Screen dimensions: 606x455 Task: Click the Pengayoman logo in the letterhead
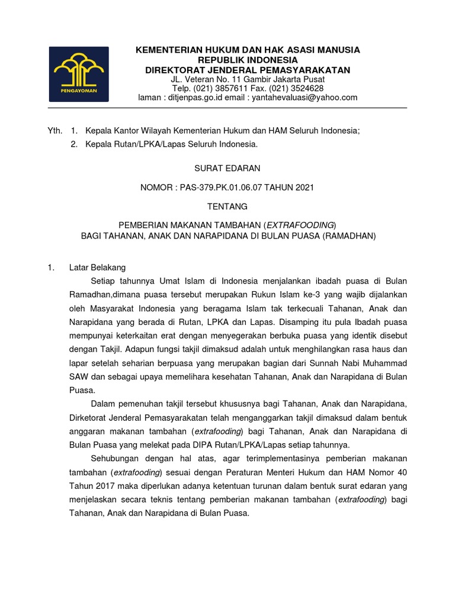(x=78, y=73)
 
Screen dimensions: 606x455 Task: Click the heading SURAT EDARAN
(x=228, y=169)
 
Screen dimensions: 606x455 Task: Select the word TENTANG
(x=228, y=207)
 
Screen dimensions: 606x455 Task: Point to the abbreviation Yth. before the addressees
(x=55, y=131)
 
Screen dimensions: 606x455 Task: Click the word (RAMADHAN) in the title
(x=349, y=236)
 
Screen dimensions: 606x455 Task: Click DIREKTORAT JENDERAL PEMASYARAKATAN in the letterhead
(x=248, y=70)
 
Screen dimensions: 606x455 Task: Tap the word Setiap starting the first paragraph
(x=104, y=281)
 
